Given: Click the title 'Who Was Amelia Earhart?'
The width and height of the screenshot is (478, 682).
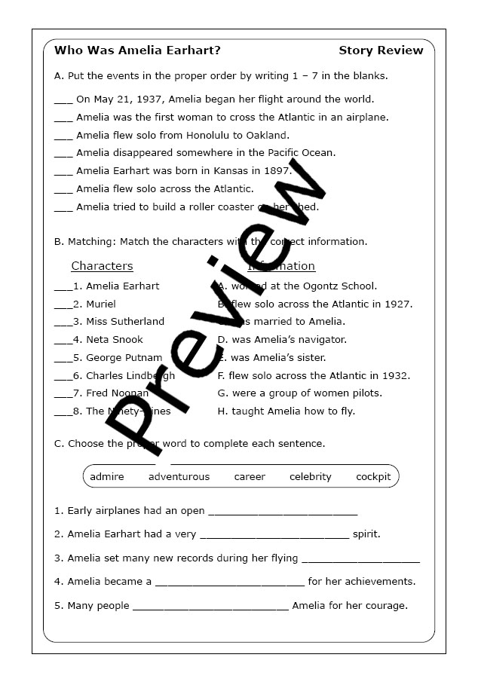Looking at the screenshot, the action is tap(137, 50).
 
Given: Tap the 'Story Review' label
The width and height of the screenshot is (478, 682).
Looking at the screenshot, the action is tap(381, 50).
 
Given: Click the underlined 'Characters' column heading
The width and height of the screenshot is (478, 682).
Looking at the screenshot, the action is tap(102, 266).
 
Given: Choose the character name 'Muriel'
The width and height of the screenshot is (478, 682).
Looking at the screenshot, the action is tap(101, 304).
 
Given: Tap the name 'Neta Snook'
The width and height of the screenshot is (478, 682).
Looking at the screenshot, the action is tap(115, 339).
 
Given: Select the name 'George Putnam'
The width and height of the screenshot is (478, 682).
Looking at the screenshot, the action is tap(124, 357).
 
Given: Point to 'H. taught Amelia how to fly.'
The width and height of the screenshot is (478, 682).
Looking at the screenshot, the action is tap(286, 411).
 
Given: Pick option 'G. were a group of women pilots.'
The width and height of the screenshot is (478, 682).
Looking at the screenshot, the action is tap(299, 393).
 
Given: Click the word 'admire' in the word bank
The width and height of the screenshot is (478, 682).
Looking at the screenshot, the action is tap(107, 476).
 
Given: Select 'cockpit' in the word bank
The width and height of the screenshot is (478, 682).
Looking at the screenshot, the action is tap(373, 476).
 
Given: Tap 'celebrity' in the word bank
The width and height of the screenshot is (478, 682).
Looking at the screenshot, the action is tap(311, 476).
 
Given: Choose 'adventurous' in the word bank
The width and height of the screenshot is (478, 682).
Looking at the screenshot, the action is tap(179, 476).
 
